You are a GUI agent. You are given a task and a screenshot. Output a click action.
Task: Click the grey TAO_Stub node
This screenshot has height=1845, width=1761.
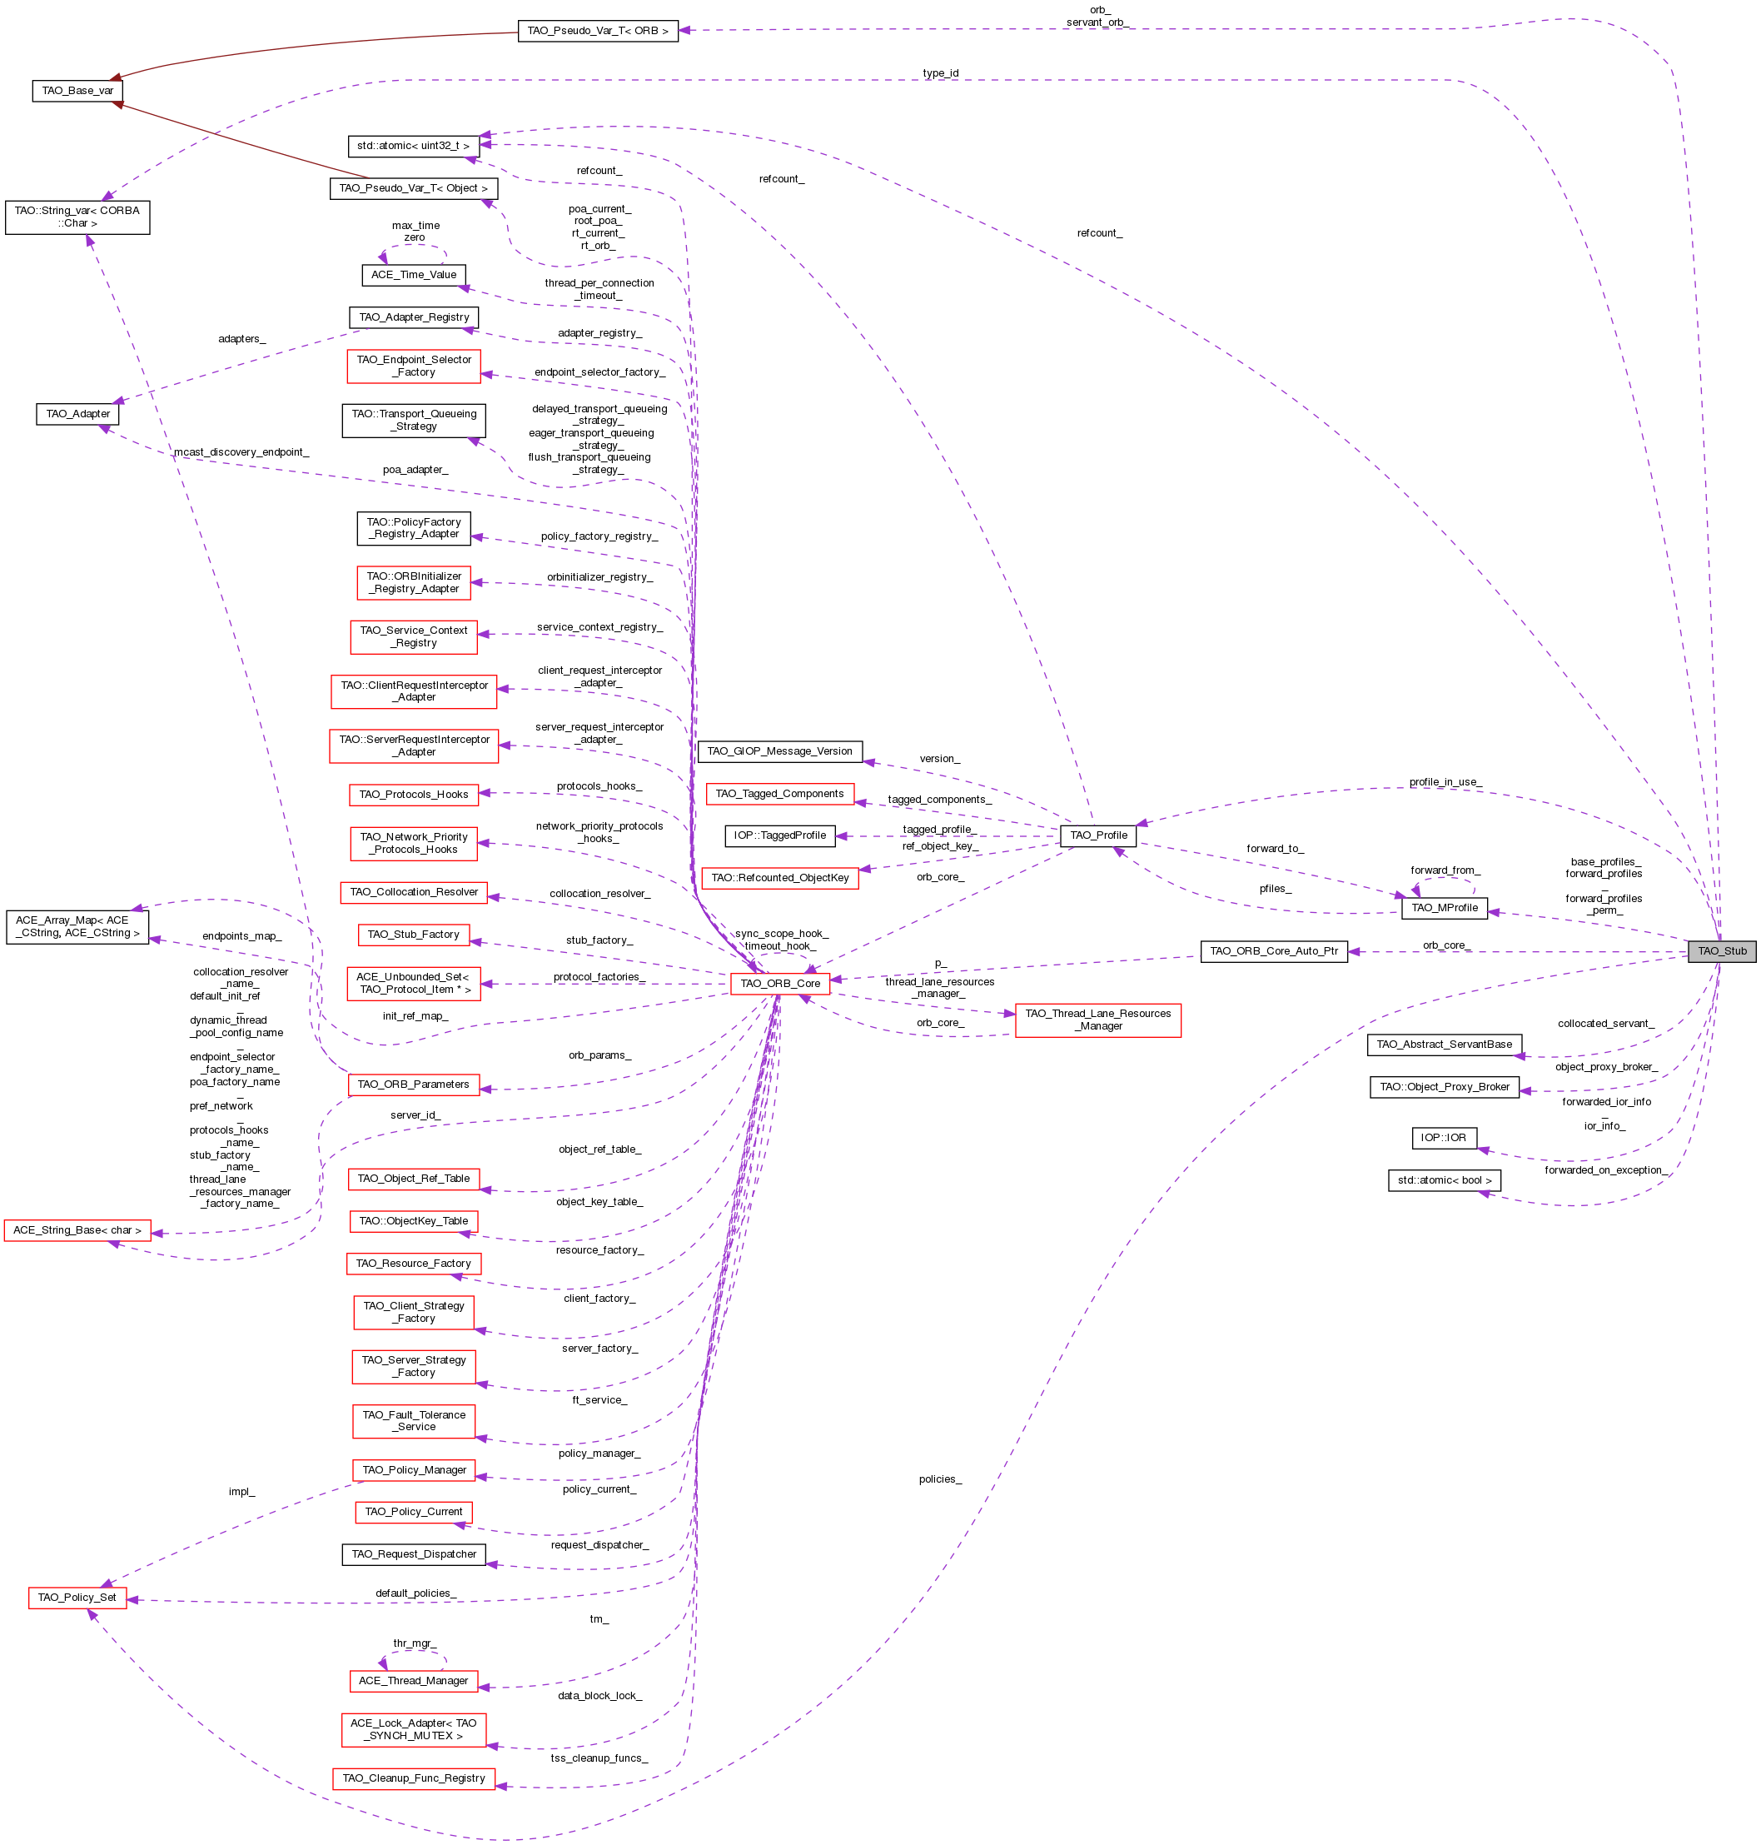click(x=1722, y=951)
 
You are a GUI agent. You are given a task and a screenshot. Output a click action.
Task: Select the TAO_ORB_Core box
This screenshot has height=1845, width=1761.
click(x=780, y=983)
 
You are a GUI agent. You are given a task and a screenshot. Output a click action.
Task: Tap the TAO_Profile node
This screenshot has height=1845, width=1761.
click(x=1098, y=835)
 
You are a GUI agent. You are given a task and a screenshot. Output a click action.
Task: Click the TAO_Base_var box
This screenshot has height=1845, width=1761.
click(x=78, y=91)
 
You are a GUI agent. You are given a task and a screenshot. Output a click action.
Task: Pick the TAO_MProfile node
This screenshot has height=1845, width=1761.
click(x=1444, y=907)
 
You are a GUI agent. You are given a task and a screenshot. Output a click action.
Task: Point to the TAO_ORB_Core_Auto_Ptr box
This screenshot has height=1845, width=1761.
click(x=1274, y=951)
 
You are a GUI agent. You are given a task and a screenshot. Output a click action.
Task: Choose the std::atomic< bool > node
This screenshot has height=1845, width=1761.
click(x=1444, y=1180)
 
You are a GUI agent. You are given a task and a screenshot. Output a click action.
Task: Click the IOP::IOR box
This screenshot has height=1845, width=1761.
click(x=1444, y=1137)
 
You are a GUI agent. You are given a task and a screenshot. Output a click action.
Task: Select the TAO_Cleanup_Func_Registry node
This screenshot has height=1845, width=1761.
click(x=414, y=1778)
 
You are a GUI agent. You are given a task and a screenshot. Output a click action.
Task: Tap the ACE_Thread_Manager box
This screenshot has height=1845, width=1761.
click(x=414, y=1681)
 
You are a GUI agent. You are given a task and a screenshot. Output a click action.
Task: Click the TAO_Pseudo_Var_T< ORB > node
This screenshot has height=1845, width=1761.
click(x=598, y=31)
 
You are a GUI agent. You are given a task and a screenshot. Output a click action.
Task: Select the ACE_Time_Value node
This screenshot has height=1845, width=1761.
click(x=414, y=275)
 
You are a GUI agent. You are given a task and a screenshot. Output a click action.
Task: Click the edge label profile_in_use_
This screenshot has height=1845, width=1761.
click(x=1445, y=782)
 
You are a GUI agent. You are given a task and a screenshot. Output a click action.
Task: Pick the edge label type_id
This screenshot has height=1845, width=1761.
click(x=940, y=73)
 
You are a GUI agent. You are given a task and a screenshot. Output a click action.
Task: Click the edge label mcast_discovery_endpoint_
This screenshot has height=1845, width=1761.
click(x=241, y=452)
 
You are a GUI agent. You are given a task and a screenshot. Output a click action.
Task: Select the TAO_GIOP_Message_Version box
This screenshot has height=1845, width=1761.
click(x=780, y=751)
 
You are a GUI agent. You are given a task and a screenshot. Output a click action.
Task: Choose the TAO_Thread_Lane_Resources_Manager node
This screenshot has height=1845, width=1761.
click(x=1097, y=1020)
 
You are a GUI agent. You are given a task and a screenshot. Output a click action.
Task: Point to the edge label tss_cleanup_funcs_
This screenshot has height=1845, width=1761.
click(x=599, y=1758)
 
